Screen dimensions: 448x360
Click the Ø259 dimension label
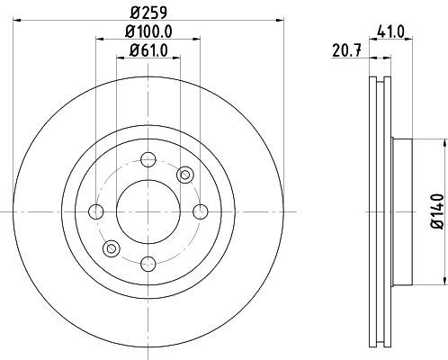click(148, 13)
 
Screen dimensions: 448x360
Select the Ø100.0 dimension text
click(148, 31)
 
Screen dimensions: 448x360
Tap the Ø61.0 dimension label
click(148, 50)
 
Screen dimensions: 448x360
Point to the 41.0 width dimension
click(391, 31)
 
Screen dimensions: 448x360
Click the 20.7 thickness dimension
click(346, 50)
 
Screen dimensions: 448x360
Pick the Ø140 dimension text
click(436, 211)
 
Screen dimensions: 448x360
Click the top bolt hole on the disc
click(148, 159)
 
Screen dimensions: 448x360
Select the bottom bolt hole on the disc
click(148, 264)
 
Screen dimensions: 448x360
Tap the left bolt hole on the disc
click(96, 211)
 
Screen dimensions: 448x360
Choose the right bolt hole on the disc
click(201, 211)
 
